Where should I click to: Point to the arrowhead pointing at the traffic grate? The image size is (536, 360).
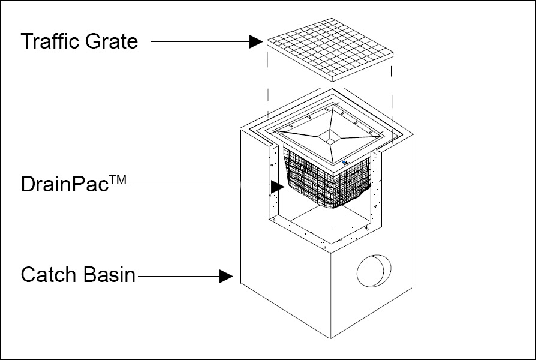point(257,42)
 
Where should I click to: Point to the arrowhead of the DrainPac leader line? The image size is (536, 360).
point(276,187)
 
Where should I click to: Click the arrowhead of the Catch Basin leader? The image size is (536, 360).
point(226,276)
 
